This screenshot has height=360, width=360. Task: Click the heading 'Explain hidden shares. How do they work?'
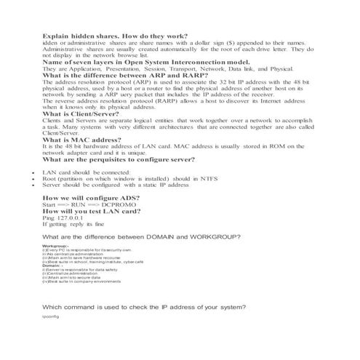click(116, 36)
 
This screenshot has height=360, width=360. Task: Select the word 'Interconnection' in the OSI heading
click(182, 64)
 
